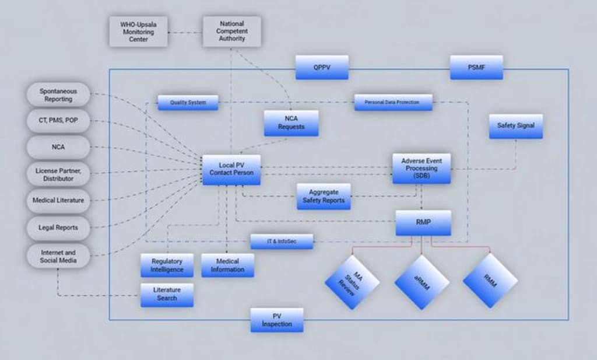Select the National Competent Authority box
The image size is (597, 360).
click(232, 32)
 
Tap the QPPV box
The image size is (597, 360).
click(322, 68)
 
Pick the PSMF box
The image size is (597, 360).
click(476, 68)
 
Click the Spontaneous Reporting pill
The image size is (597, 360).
click(58, 95)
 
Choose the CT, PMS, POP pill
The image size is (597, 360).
click(58, 121)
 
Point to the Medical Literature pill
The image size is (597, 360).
click(58, 200)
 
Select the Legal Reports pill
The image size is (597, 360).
click(58, 227)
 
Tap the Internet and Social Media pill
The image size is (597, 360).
click(58, 256)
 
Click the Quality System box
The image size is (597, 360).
click(188, 103)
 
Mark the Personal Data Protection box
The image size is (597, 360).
click(394, 102)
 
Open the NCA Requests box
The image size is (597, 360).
click(291, 123)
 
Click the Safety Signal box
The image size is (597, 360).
click(515, 125)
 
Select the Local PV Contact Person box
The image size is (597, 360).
click(231, 169)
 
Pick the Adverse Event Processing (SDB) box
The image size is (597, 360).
click(422, 168)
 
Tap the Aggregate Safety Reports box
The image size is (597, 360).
click(324, 197)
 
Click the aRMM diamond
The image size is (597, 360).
click(422, 282)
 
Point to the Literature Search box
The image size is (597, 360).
click(167, 295)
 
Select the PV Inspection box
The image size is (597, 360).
click(277, 320)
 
